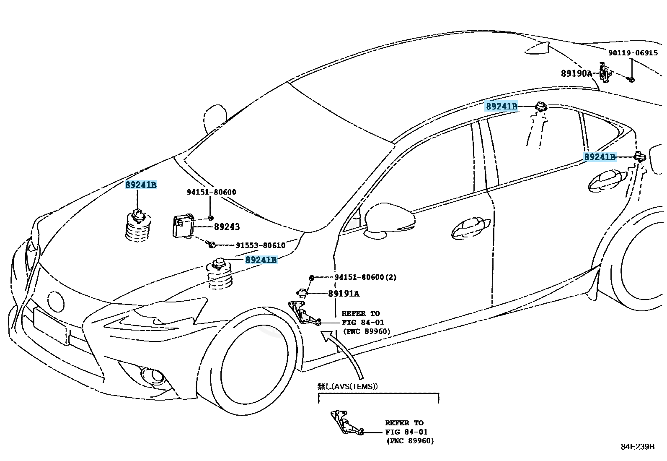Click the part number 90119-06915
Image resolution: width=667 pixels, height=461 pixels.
[x=633, y=53]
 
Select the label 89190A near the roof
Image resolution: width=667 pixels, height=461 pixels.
[x=576, y=74]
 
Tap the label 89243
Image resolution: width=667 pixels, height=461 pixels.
[x=227, y=227]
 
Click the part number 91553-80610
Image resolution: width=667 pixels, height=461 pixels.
[x=260, y=245]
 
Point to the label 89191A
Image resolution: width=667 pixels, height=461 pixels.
[x=344, y=294]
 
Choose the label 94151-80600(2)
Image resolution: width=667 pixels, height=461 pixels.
[x=365, y=277]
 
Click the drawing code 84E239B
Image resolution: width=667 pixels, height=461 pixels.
[x=637, y=446]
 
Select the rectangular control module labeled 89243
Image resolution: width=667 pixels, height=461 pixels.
[x=183, y=226]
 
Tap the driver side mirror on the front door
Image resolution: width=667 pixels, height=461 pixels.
[x=390, y=221]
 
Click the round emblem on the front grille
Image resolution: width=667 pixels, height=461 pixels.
[x=56, y=301]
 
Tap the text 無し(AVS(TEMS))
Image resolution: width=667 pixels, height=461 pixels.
[x=347, y=386]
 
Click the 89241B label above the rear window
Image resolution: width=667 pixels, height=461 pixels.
[x=502, y=107]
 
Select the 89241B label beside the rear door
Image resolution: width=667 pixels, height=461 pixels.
[x=600, y=157]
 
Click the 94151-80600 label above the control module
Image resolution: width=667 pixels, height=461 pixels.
[x=211, y=192]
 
